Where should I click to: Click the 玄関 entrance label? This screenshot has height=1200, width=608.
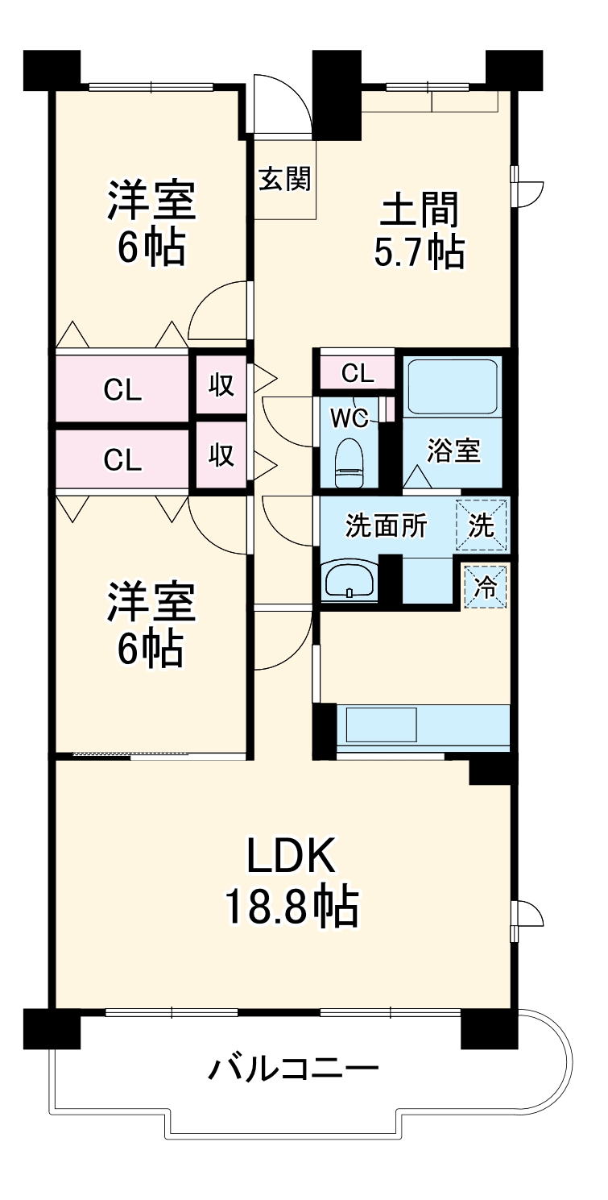285,178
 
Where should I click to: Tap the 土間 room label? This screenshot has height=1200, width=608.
419,210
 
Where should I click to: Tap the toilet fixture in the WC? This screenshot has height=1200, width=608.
349,463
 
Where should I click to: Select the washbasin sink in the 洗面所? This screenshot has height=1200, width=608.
349,579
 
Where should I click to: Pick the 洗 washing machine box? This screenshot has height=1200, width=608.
481,525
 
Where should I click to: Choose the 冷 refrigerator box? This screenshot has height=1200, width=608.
485,587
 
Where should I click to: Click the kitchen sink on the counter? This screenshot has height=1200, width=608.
382,725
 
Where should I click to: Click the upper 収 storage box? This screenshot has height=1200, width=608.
221,384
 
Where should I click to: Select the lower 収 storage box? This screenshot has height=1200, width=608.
221,455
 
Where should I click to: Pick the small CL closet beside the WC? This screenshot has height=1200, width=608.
358,372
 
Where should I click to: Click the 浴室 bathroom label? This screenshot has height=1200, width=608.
453,451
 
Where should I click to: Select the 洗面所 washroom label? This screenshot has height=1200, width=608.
386,525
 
